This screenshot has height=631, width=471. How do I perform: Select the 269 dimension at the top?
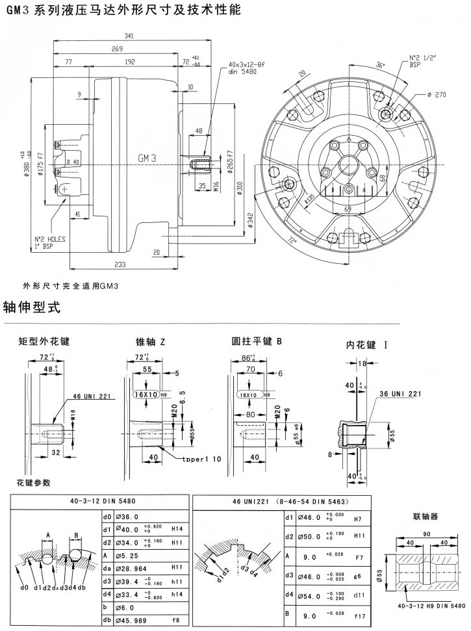pos(117,49)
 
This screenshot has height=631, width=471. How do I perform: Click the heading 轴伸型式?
pos(31,306)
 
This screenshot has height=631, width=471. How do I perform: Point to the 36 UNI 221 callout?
pos(400,394)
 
